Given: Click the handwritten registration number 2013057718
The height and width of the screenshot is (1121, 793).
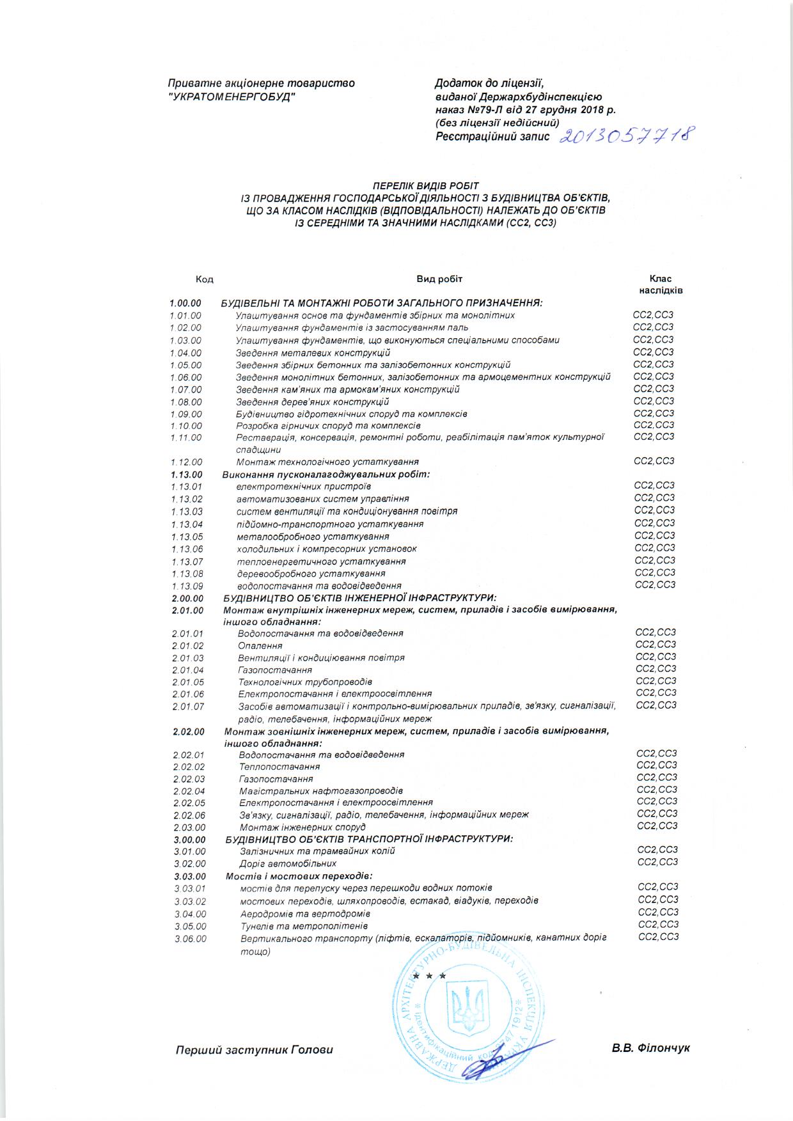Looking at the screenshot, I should [x=627, y=136].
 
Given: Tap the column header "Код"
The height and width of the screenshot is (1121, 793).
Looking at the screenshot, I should [x=205, y=279].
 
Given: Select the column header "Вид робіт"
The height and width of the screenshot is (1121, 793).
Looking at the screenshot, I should [x=439, y=279].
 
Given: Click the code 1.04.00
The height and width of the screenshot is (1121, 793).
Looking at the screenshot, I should [x=186, y=353].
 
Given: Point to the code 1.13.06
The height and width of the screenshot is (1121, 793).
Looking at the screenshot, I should [x=187, y=549].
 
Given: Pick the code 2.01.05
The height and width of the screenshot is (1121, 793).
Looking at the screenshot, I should [x=188, y=682].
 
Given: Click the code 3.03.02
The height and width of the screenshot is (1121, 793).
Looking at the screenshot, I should [x=190, y=901].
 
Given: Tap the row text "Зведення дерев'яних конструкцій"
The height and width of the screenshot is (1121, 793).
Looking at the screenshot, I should [x=312, y=402].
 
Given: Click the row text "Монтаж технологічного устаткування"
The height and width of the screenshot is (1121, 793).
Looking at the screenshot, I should [x=327, y=462].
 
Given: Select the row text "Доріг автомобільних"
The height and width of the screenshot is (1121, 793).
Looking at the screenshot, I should [x=288, y=864].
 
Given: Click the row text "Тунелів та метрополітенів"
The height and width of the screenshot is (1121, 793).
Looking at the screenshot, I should [x=304, y=926].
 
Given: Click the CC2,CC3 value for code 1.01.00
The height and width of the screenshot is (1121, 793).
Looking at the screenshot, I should [x=653, y=315].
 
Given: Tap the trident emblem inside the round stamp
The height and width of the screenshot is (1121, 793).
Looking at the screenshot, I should [x=466, y=1010].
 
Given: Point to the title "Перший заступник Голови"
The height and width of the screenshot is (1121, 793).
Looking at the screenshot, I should [x=255, y=1050].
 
